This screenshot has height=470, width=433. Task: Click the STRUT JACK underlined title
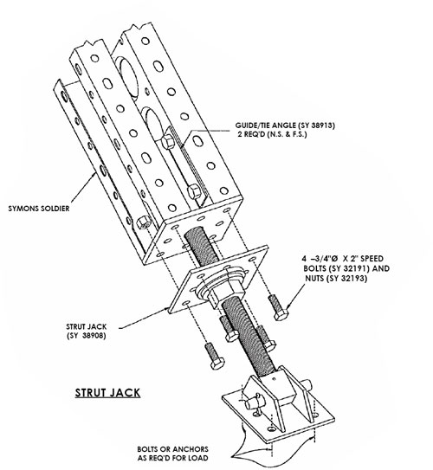coord(107,393)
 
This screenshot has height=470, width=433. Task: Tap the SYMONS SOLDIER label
coord(39,209)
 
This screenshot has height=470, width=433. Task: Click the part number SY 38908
coord(87,336)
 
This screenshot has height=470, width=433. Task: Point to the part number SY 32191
coord(348,268)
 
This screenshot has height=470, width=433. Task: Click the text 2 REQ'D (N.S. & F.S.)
coord(272,134)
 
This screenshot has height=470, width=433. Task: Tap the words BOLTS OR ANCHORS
coord(172,449)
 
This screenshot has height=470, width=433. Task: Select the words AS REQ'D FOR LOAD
coord(172,458)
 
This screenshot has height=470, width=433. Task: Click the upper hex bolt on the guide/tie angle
coord(167,141)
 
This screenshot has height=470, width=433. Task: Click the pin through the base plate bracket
coord(253,403)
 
